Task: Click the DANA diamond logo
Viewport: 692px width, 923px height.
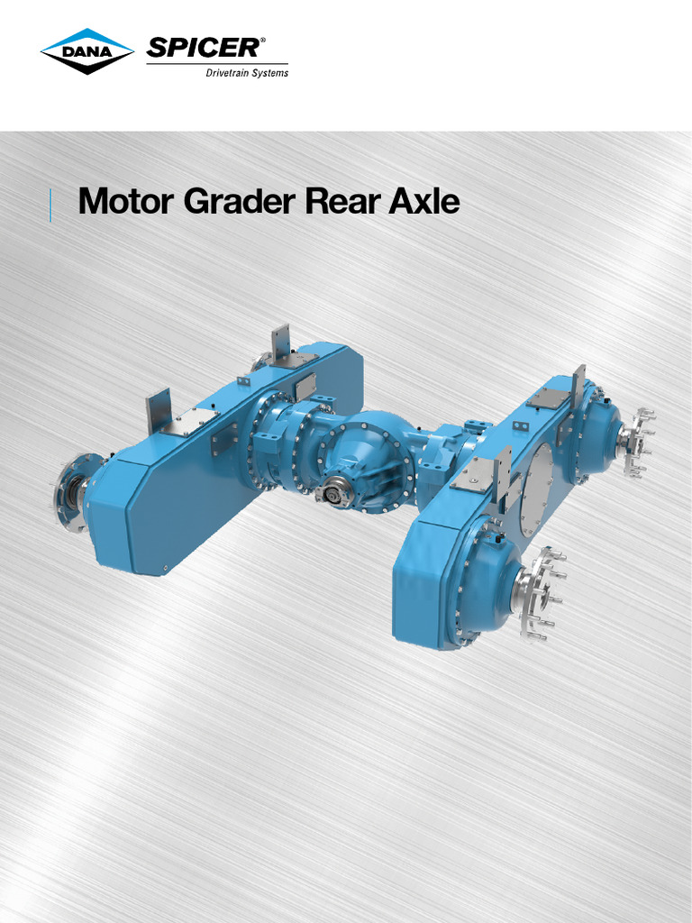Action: [x=86, y=52]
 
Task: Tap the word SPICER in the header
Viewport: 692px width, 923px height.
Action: [x=205, y=48]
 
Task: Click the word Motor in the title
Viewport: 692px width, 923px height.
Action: [x=125, y=202]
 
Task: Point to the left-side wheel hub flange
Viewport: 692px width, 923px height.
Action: [x=70, y=492]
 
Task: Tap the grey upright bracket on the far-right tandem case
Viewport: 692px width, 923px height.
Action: [x=578, y=383]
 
